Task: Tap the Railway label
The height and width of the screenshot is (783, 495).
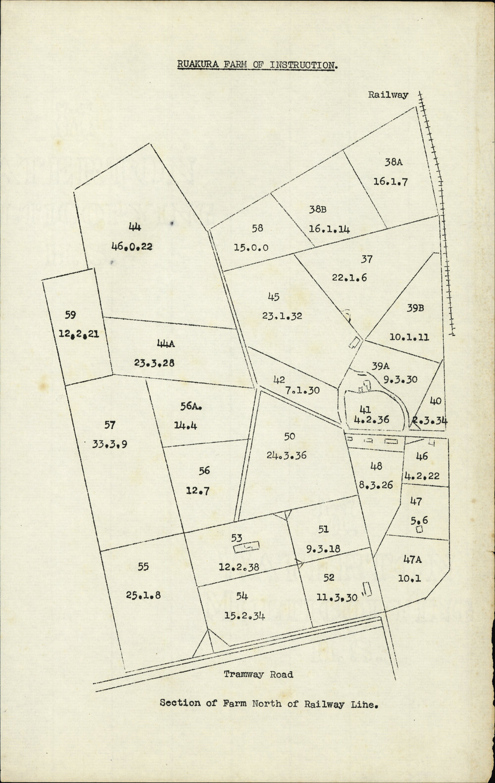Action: pos(388,95)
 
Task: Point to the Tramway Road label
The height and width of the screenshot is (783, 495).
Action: pos(258,674)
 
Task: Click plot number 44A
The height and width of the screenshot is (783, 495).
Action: pos(156,344)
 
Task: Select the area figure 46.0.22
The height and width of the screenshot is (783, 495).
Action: pos(135,247)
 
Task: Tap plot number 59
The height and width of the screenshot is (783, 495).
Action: pos(70,315)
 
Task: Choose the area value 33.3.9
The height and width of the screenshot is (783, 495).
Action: pos(110,444)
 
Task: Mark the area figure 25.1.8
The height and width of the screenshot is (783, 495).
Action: pos(143,595)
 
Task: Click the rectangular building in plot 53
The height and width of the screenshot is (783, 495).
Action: pos(247,547)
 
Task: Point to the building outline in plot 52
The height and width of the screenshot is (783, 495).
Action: pos(367,589)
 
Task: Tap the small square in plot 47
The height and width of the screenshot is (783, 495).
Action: pos(420,529)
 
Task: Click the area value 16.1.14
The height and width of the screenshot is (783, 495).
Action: pos(329,229)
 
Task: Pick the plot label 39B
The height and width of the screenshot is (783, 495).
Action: pos(416,308)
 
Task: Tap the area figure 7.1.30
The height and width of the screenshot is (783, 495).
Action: pos(302,390)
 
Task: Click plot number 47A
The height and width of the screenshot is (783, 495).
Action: pos(412,559)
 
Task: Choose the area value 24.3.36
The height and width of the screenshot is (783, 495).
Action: pos(287,455)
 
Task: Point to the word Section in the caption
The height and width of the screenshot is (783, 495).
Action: pos(181,703)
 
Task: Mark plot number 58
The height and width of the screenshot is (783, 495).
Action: pos(257,228)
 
